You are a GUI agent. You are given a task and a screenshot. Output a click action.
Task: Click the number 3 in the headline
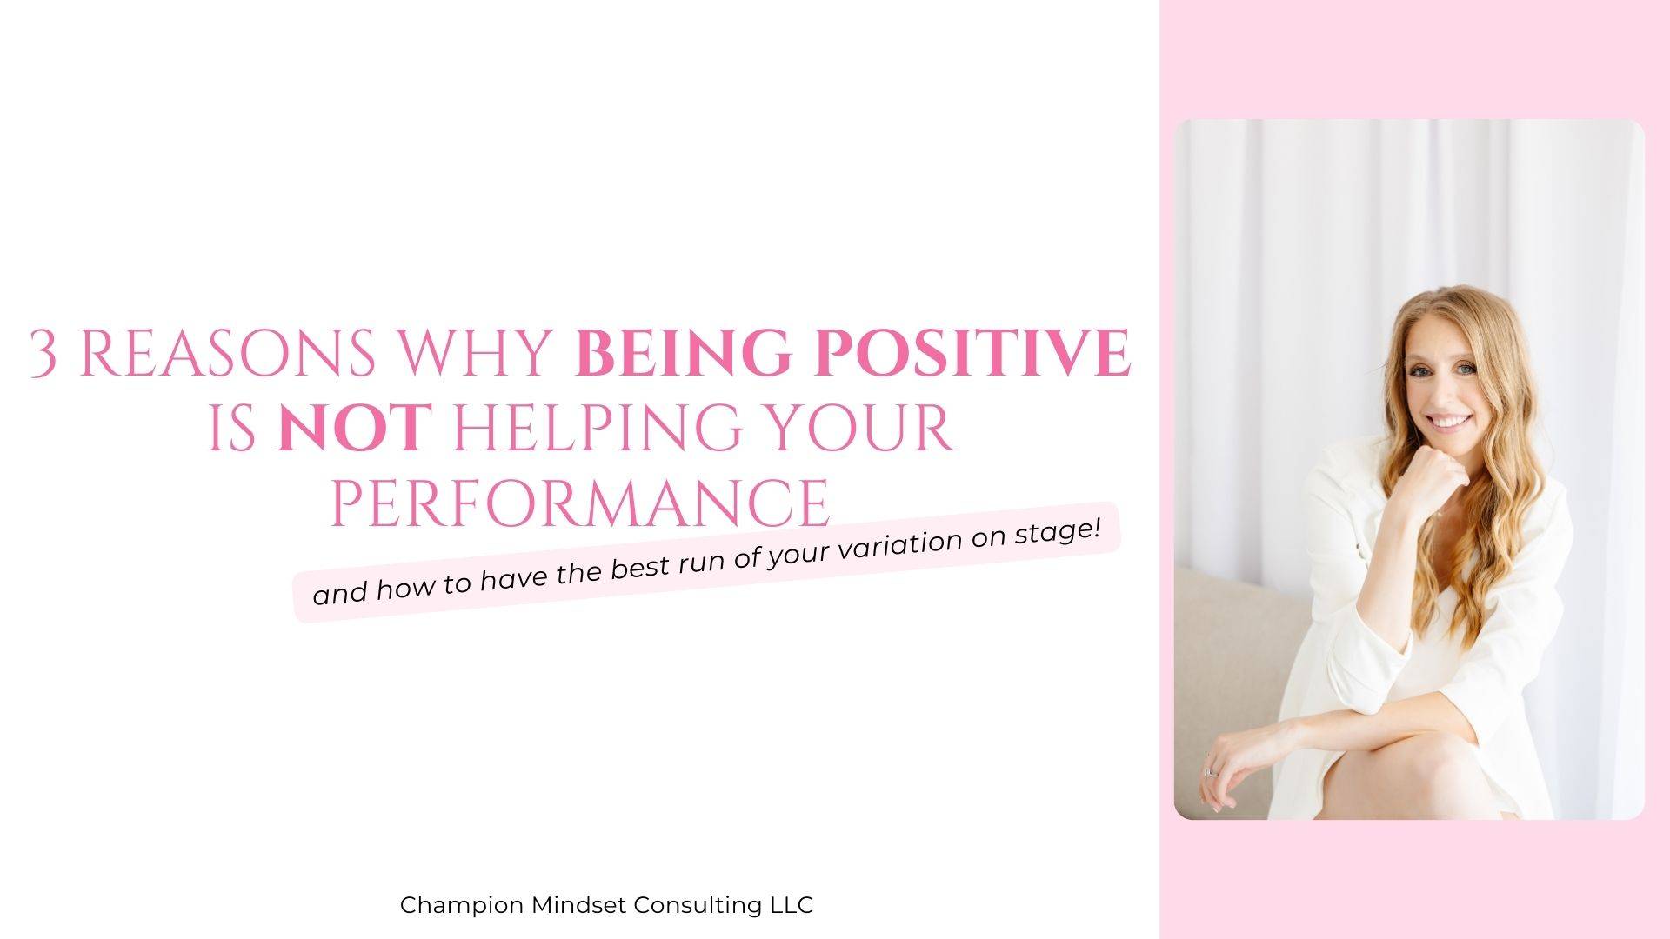[x=44, y=353]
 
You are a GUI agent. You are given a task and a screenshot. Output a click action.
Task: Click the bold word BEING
[x=684, y=353]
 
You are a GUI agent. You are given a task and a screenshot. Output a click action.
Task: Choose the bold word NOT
[x=354, y=427]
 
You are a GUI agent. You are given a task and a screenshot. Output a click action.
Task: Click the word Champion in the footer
[x=462, y=906]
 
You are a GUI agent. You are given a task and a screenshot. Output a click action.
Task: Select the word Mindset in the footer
[x=578, y=905]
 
